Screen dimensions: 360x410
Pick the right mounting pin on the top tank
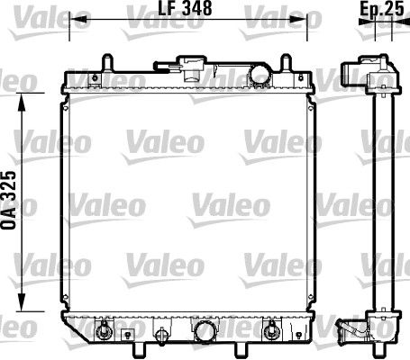pyautogui.click(x=286, y=62)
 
